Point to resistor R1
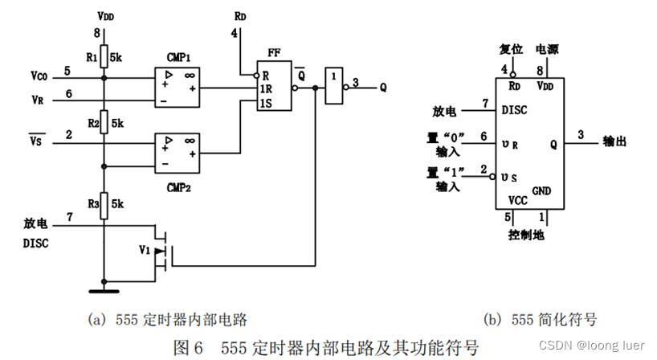(104, 59)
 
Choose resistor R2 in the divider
(104, 124)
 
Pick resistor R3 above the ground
(104, 205)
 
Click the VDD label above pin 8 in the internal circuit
(104, 16)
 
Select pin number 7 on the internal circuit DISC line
(68, 217)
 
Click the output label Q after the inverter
(383, 90)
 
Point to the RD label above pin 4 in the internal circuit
(240, 16)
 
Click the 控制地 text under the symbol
(526, 235)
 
